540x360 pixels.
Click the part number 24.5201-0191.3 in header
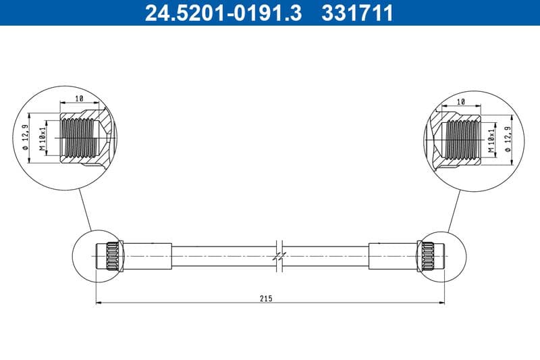tap(223, 12)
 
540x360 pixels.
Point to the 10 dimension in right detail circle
tap(461, 101)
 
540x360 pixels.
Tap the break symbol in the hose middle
tap(279, 256)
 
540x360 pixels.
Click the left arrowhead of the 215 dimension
tap(99, 302)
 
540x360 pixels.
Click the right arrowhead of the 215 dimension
tap(443, 302)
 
